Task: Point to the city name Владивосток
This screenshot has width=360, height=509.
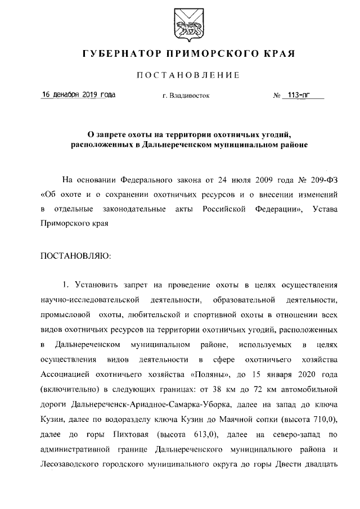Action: point(190,96)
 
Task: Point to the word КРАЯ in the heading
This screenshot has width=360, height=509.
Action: point(280,55)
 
